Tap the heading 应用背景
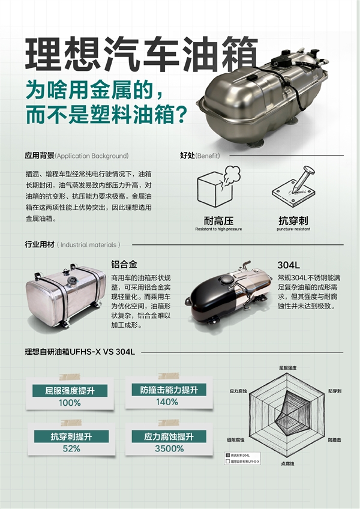[40, 155]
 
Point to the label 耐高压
[218, 220]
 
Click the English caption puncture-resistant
[293, 229]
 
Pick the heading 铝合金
[124, 264]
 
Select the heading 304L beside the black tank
[289, 264]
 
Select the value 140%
[167, 402]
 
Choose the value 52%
[71, 448]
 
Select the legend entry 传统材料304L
[241, 456]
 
